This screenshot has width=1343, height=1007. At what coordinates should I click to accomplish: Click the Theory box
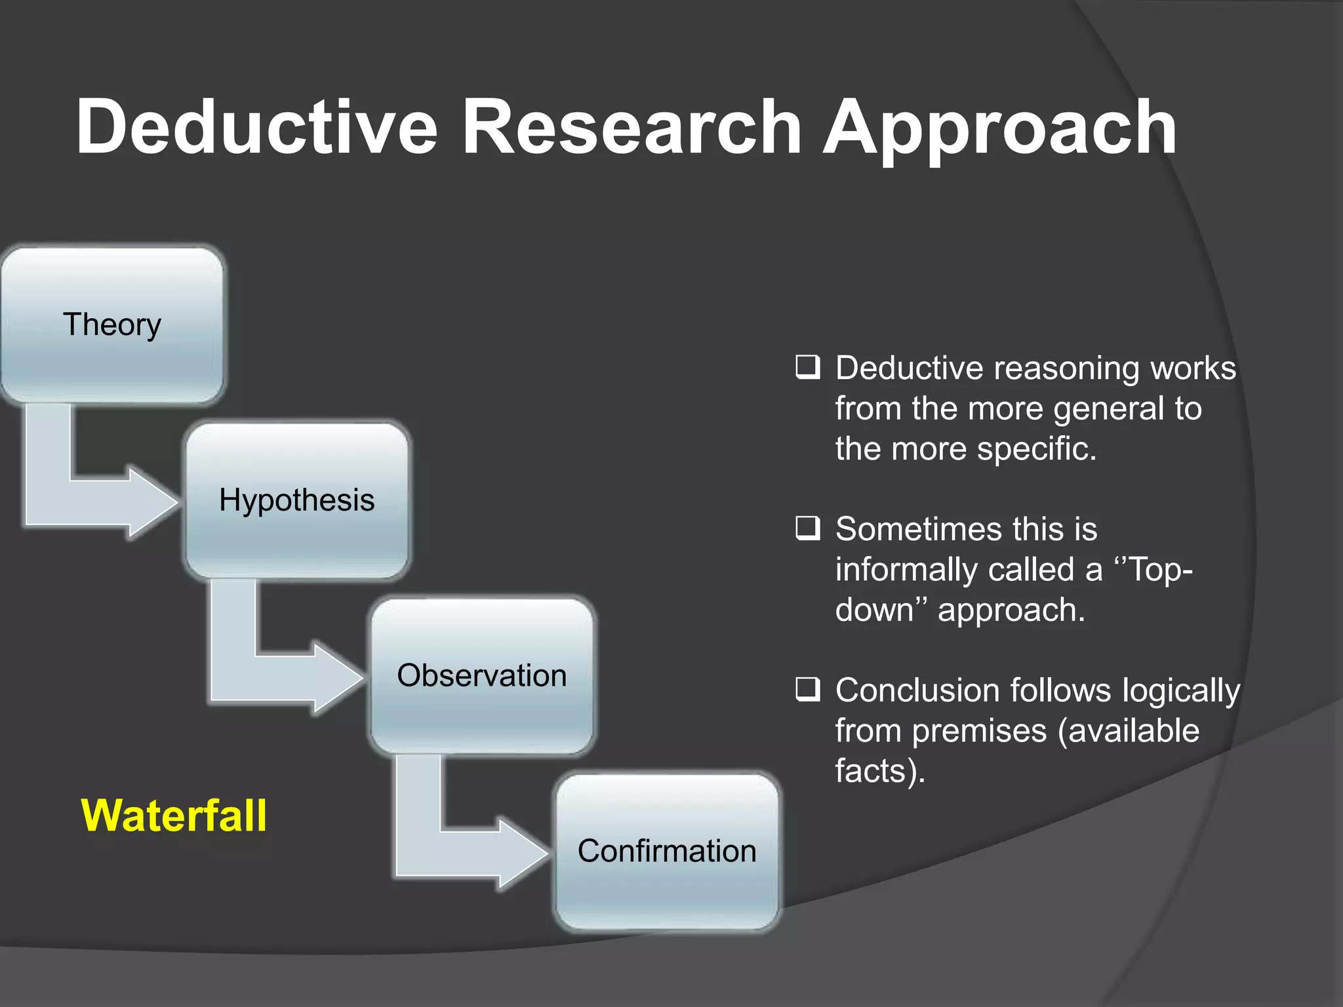[x=111, y=325]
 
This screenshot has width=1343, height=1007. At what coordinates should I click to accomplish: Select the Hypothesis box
[x=297, y=501]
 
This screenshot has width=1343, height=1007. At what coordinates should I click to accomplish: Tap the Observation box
[x=482, y=676]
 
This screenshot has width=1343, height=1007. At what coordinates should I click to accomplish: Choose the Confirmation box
[x=667, y=852]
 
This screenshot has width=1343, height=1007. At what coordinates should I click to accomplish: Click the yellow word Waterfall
[x=174, y=816]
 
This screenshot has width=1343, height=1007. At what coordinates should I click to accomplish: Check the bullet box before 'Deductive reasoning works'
[x=807, y=368]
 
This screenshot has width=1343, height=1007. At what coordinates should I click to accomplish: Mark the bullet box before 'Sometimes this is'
[x=807, y=528]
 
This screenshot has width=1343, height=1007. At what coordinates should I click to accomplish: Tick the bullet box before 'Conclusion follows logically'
[x=807, y=690]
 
